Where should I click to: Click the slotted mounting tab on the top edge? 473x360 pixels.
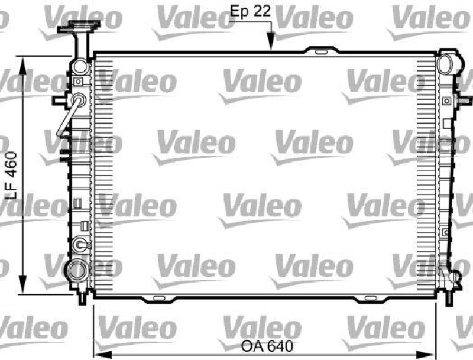click(x=320, y=51)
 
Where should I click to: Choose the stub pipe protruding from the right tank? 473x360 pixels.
click(x=465, y=100)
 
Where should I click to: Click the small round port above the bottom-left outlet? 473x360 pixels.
click(x=80, y=242)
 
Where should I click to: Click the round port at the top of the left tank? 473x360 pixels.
click(x=80, y=67)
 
